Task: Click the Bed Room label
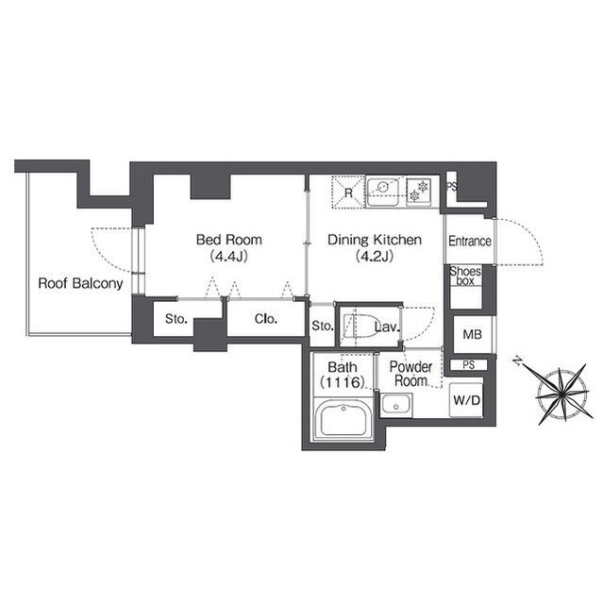point(229,240)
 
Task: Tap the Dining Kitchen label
point(375,240)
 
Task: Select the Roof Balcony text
point(80,283)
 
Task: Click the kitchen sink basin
point(383,192)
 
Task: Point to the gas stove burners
point(419,192)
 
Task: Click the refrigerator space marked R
point(348,193)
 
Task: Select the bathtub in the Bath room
point(343,418)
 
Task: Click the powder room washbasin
point(395,404)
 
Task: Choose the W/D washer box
point(466,400)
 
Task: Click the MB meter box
point(473,334)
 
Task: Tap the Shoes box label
point(465,277)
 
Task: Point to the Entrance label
point(470,242)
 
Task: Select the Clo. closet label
point(266,319)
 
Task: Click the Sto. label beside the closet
point(176,319)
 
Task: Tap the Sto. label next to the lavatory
point(322,326)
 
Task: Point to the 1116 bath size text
point(343,382)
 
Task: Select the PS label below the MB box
point(469,364)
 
